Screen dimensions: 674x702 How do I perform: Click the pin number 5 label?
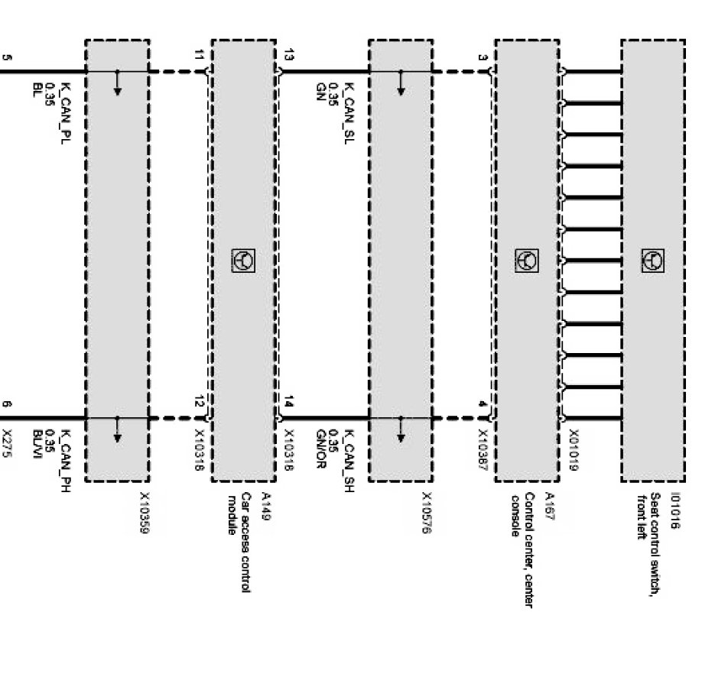[x=7, y=57]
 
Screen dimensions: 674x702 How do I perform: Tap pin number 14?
[x=288, y=400]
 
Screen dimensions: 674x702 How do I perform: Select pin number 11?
[x=200, y=56]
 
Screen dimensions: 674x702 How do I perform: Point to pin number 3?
[x=482, y=57]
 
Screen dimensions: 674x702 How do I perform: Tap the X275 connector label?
[x=7, y=442]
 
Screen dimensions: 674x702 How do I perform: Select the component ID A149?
[x=266, y=505]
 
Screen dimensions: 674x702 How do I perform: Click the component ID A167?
[x=548, y=505]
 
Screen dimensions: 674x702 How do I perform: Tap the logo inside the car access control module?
[x=243, y=261]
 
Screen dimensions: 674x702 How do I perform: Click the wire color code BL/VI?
[x=36, y=446]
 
